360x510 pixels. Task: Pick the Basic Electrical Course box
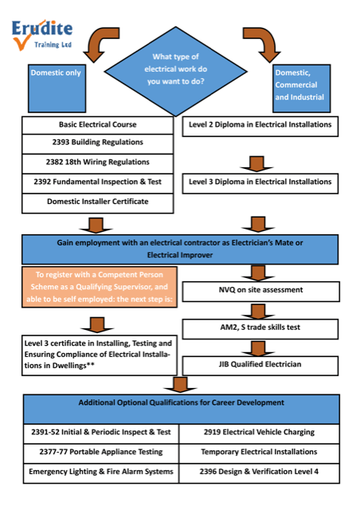[x=98, y=125]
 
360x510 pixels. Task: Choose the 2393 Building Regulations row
[x=98, y=143]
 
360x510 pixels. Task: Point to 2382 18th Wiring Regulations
[x=98, y=163]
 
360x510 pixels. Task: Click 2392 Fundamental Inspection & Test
[x=98, y=182]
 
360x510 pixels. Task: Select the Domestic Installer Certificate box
[x=98, y=202]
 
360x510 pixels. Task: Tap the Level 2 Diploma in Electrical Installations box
[x=260, y=125]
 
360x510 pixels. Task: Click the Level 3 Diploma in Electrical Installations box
[x=260, y=182]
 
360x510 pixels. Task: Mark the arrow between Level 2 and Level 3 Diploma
[x=256, y=163]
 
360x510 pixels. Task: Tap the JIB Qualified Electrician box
[x=260, y=363]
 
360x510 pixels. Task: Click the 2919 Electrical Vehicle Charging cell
[x=260, y=432]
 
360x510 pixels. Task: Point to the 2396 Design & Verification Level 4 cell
[x=260, y=472]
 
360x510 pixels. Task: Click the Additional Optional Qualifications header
[x=180, y=403]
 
